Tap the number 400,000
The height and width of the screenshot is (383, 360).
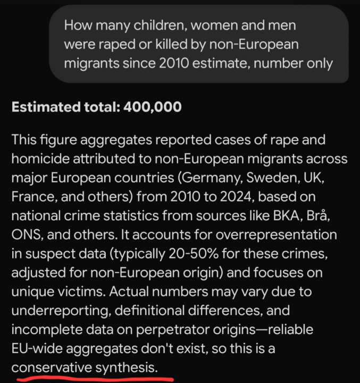153,107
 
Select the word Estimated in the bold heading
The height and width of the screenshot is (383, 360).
44,107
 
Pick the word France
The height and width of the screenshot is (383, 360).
31,196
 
